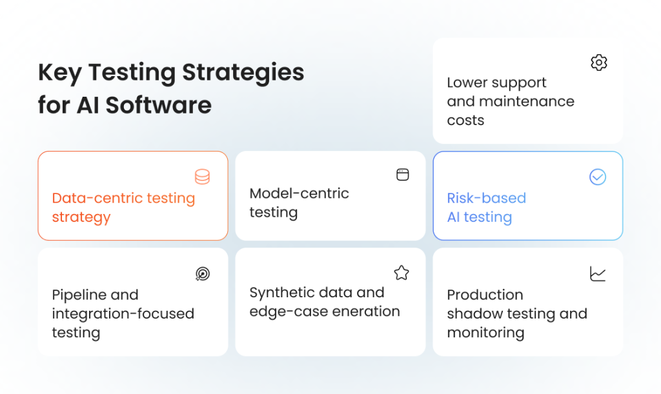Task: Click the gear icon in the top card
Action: [x=599, y=63]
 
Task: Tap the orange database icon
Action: [x=203, y=177]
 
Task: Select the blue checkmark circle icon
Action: [x=598, y=177]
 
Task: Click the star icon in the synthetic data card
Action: [x=402, y=273]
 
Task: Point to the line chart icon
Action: [x=598, y=273]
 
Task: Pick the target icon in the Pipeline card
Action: [x=203, y=274]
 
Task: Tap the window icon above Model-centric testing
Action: [x=402, y=175]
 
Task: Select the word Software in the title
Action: [x=159, y=105]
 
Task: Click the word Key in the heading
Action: [x=59, y=73]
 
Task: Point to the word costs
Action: [x=465, y=120]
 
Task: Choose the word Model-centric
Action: [x=299, y=193]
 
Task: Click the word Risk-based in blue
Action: [x=486, y=198]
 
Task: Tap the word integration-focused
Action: [x=123, y=313]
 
